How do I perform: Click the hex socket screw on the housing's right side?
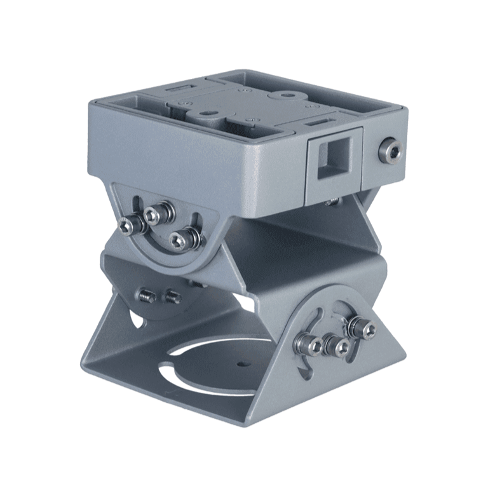pos(389,151)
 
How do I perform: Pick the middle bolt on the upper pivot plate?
pos(153,214)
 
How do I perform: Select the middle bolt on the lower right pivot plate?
pos(335,346)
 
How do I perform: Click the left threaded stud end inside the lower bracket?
pos(147,295)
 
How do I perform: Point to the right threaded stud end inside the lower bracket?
pos(172,297)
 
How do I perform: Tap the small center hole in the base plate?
pos(240,365)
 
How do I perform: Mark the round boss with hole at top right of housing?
pos(286,97)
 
